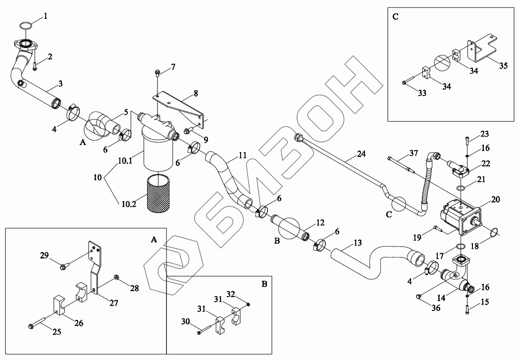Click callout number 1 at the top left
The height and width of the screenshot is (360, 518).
pyautogui.click(x=46, y=16)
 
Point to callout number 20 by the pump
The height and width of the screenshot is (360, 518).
pyautogui.click(x=496, y=200)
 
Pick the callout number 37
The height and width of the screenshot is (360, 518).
pyautogui.click(x=414, y=153)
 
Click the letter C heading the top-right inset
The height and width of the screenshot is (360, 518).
pyautogui.click(x=395, y=16)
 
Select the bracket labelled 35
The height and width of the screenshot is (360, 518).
pyautogui.click(x=488, y=50)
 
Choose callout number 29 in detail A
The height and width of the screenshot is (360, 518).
pyautogui.click(x=45, y=256)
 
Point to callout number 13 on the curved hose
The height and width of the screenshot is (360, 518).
pyautogui.click(x=358, y=243)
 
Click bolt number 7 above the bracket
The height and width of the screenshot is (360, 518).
pyautogui.click(x=156, y=75)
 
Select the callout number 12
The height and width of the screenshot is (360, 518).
pyautogui.click(x=320, y=222)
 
